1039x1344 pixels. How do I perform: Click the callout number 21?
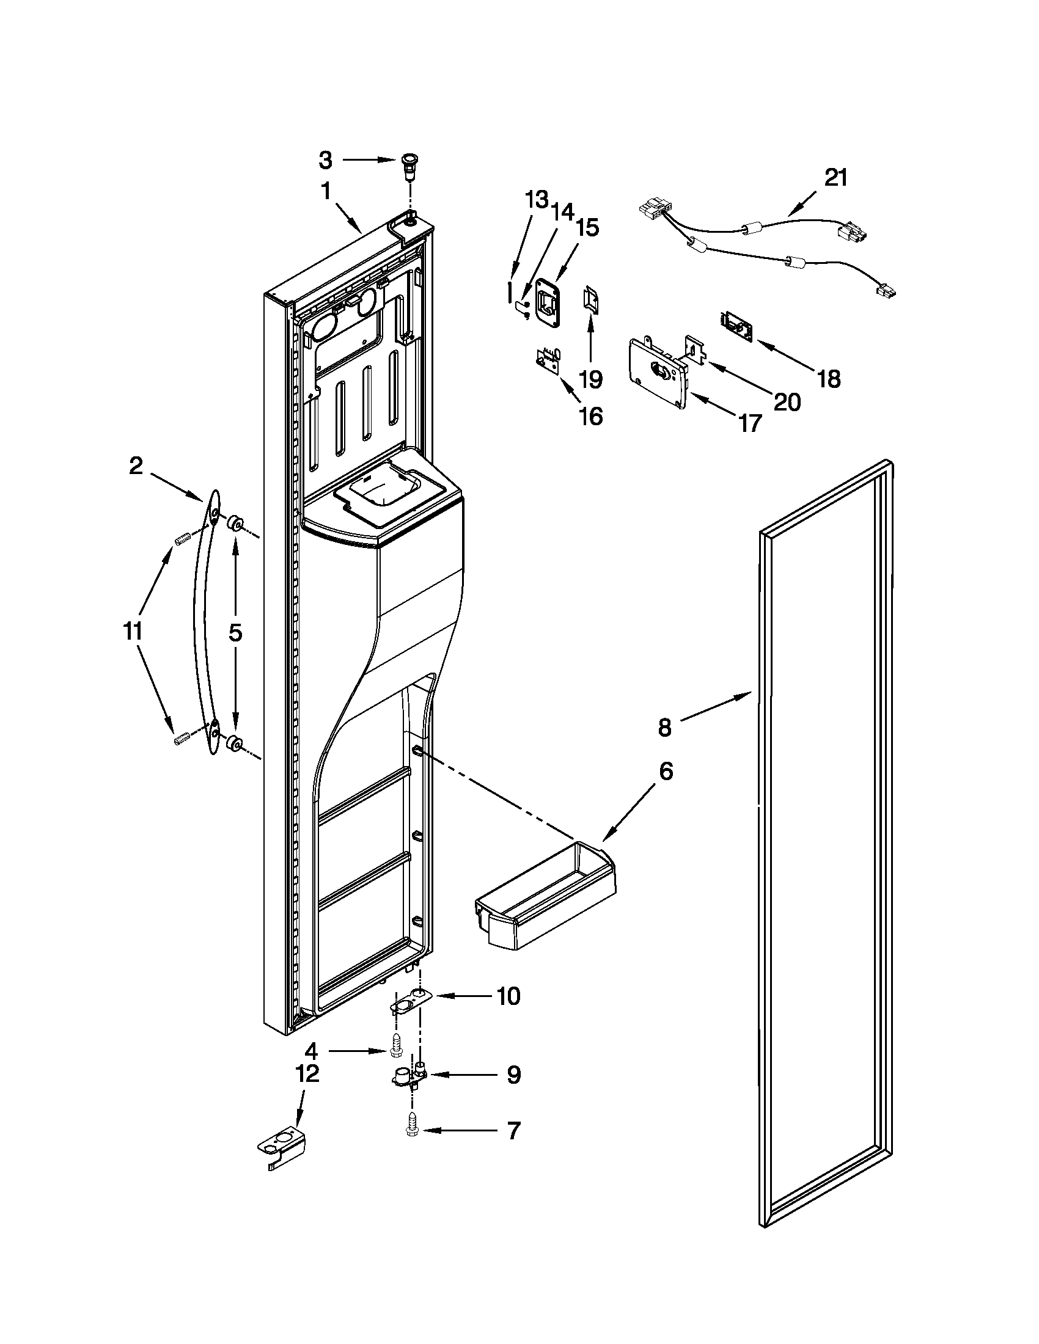pos(836,178)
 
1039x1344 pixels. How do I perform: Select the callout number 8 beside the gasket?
pos(664,728)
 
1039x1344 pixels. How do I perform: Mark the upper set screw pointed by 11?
pos(181,539)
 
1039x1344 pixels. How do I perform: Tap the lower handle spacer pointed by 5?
pos(234,743)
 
